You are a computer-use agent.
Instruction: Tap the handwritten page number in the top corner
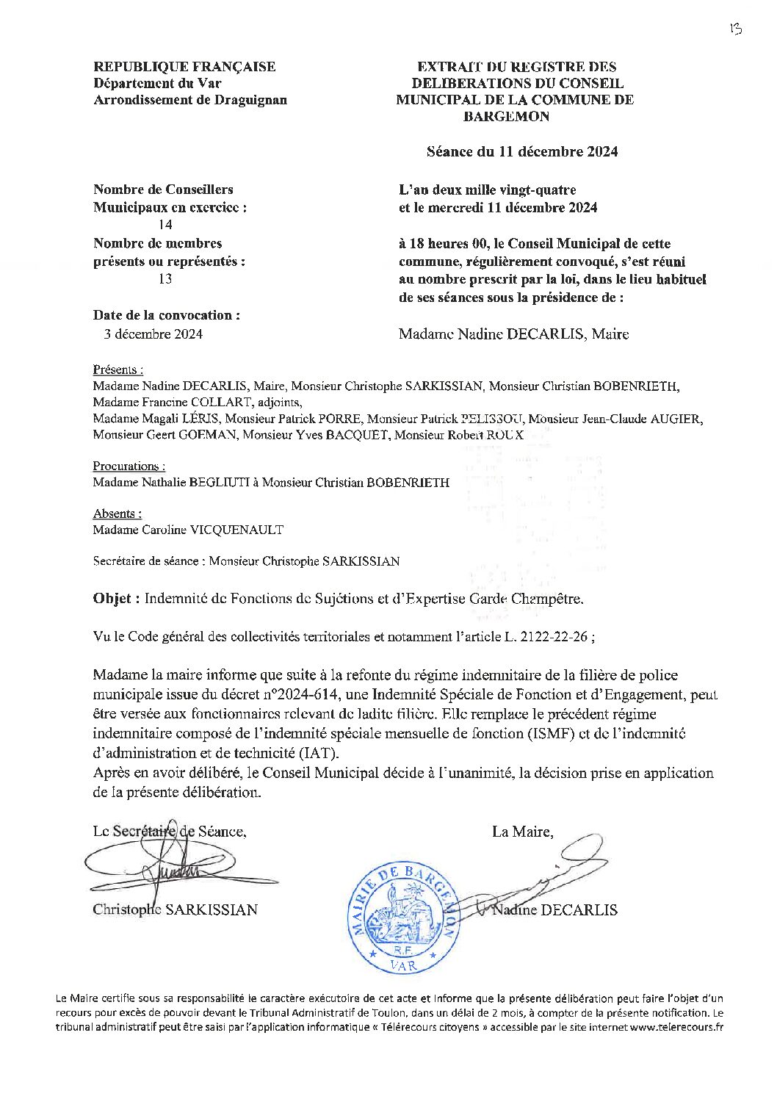tap(735, 29)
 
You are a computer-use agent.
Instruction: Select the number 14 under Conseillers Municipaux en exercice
tap(166, 226)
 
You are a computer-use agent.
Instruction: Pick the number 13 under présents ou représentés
tap(166, 279)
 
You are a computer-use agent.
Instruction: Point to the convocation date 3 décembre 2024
tap(152, 334)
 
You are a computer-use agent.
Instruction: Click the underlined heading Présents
tap(118, 370)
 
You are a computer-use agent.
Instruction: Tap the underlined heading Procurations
tap(129, 466)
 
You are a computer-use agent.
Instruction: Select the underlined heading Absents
tap(117, 514)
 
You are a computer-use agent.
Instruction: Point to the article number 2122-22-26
tap(555, 637)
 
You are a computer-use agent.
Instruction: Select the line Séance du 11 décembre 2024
tap(522, 151)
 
